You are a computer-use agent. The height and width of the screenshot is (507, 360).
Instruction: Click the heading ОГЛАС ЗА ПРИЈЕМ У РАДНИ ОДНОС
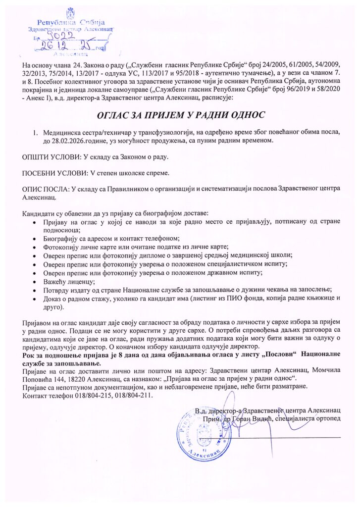180,115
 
